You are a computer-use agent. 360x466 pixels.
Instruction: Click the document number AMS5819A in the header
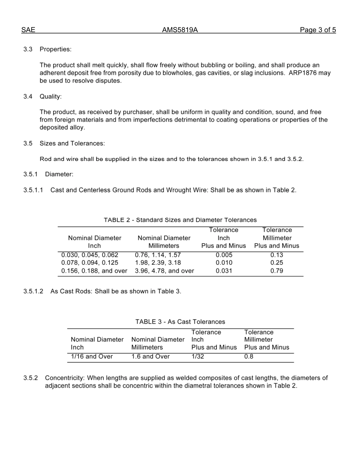180,30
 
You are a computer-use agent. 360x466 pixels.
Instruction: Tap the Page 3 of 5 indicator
318,30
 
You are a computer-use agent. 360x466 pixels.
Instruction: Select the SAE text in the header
28,30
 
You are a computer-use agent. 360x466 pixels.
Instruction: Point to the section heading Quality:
50,96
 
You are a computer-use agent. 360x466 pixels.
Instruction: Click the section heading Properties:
55,49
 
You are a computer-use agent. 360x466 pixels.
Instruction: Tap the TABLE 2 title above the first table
180,220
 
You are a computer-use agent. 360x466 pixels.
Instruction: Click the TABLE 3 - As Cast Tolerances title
180,322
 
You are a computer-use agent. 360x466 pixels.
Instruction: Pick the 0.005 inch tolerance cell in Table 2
224,255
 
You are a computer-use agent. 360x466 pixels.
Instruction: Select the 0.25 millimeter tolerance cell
277,263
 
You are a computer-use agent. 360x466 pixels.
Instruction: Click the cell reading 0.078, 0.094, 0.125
90,263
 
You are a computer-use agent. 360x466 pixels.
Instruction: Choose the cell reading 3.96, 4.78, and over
164,271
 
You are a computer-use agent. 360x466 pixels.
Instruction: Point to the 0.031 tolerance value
224,271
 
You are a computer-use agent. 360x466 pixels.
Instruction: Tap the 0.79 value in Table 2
277,271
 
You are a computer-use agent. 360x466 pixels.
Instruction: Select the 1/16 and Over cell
92,357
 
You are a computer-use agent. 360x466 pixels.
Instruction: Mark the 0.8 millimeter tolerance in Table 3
249,357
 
